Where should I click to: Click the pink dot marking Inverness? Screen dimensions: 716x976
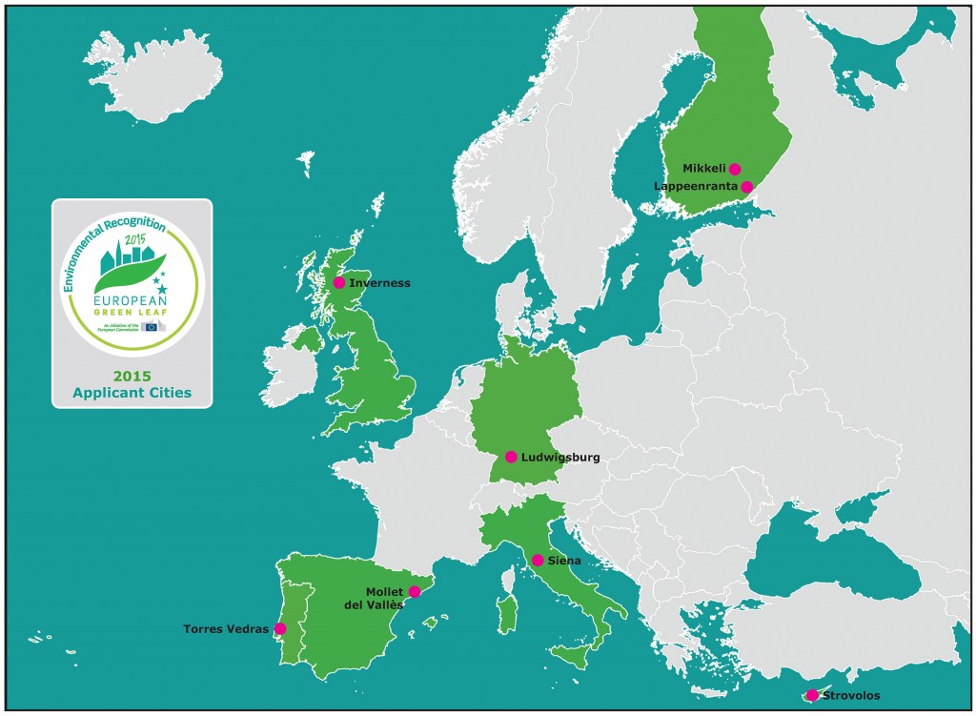(339, 282)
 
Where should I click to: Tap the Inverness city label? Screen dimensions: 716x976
(379, 283)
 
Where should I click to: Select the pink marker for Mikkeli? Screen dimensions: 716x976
(735, 169)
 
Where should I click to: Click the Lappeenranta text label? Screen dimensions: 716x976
(696, 186)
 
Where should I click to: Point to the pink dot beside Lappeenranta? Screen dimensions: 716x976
(747, 186)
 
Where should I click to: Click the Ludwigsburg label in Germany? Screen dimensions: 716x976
(560, 458)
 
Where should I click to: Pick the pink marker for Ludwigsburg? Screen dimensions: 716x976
(512, 457)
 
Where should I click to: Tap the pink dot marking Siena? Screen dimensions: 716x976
(538, 561)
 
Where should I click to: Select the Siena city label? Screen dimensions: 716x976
(564, 562)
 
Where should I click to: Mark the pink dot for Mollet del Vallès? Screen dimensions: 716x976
(414, 592)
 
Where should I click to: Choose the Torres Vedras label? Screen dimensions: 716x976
(226, 629)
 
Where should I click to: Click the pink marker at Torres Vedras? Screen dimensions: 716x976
(279, 628)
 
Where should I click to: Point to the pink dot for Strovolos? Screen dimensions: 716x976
(812, 695)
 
